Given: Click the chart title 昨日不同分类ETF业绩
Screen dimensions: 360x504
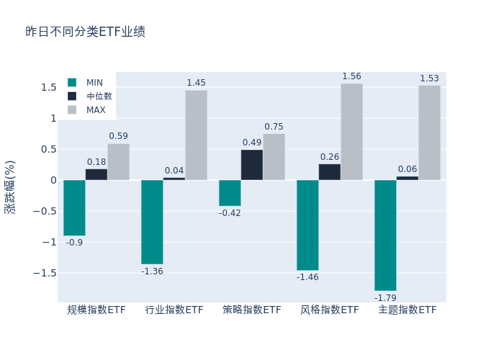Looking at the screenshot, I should point(85,32).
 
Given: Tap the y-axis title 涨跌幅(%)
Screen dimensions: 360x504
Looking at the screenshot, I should point(9,186).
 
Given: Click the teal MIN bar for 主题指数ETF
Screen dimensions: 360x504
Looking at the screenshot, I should point(385,235).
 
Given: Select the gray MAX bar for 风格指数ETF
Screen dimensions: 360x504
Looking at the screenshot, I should point(351,132).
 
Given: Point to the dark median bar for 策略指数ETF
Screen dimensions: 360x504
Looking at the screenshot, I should point(252,165).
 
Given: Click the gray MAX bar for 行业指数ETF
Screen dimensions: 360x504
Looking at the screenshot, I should point(196,135).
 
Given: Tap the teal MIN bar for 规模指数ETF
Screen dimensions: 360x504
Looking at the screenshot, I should point(74,207).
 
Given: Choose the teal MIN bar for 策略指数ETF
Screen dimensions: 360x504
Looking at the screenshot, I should point(230,193).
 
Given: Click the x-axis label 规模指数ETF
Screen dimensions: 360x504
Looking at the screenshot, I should point(96,310).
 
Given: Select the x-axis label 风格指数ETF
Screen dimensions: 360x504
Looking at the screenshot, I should point(330,310).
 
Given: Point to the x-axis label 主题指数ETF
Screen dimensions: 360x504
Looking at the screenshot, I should point(408,310).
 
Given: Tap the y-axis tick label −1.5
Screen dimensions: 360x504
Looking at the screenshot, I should point(45,273).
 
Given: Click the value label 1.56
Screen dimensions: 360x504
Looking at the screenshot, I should point(351,76).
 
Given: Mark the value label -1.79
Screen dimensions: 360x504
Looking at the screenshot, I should point(385,297).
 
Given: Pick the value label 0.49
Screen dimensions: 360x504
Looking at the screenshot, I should point(252,143).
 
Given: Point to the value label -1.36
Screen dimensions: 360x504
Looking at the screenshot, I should point(152,271).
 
